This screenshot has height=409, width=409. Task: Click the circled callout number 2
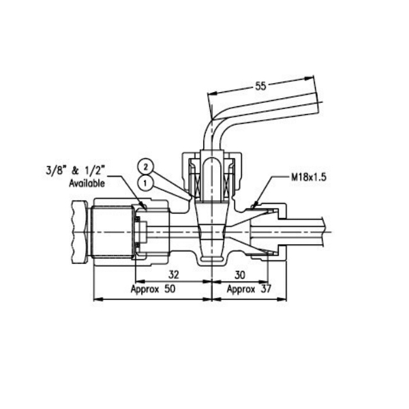(146, 167)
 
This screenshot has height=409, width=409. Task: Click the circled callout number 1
(145, 183)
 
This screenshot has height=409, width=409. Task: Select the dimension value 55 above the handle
(260, 86)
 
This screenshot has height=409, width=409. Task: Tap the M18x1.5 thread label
(309, 177)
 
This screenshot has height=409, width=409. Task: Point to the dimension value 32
(174, 275)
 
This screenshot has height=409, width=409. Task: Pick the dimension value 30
(240, 275)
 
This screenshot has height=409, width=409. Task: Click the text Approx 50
(153, 289)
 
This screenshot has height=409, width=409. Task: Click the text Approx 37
(249, 289)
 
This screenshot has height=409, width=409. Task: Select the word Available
(87, 183)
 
